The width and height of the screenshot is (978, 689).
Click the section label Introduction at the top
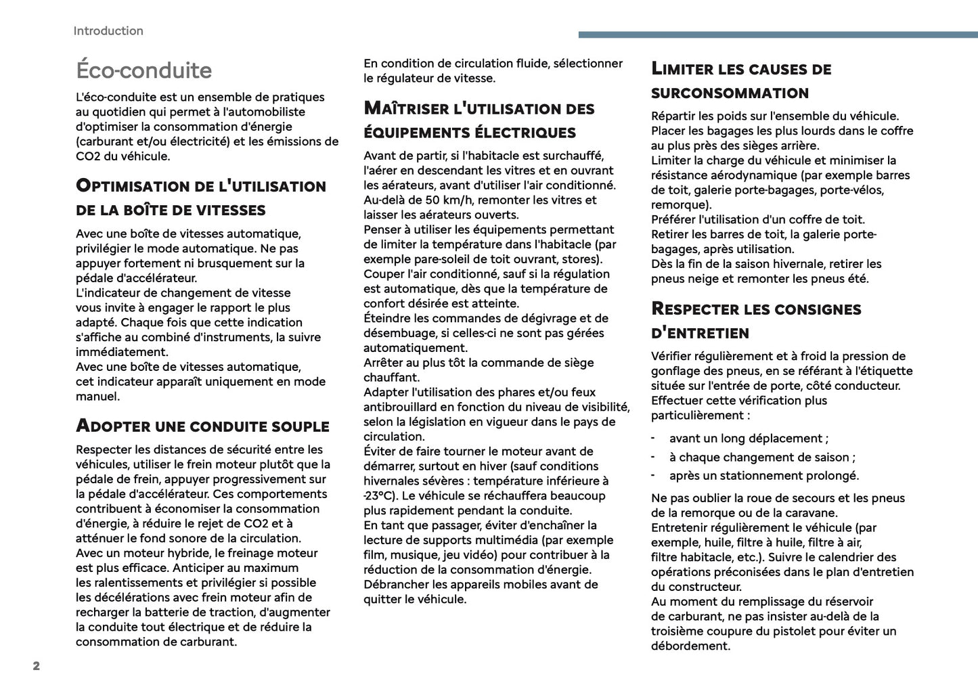pyautogui.click(x=108, y=31)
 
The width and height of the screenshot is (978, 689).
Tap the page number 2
pyautogui.click(x=37, y=666)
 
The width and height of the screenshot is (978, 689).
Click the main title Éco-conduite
pyautogui.click(x=144, y=70)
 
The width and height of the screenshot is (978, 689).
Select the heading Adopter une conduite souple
pyautogui.click(x=202, y=426)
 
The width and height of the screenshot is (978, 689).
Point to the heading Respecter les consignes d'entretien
pyautogui.click(x=755, y=320)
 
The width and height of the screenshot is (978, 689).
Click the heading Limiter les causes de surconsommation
pyautogui.click(x=740, y=81)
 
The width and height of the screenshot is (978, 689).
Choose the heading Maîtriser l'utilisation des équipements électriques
pyautogui.click(x=479, y=120)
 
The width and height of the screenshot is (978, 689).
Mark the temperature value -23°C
pyautogui.click(x=381, y=496)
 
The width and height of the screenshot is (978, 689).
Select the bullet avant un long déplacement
pyautogui.click(x=748, y=439)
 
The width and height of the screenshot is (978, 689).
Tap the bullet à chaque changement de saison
pyautogui.click(x=761, y=458)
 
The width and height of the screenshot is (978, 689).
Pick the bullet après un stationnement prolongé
pyautogui.click(x=763, y=476)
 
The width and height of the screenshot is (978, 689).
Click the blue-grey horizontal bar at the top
pyautogui.click(x=778, y=35)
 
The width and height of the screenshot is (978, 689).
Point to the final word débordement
pyautogui.click(x=690, y=646)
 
